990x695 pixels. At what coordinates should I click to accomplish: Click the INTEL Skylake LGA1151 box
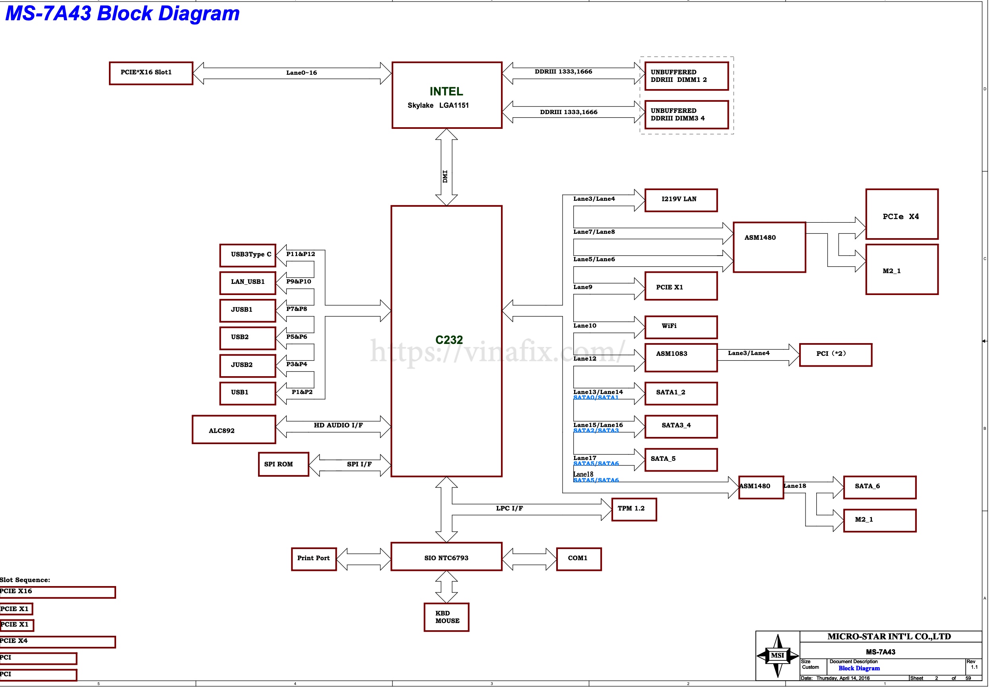click(447, 95)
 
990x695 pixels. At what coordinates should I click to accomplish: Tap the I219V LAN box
click(681, 200)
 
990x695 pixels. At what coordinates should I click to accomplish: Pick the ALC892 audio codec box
click(233, 429)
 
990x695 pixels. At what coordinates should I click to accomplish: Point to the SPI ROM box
click(283, 464)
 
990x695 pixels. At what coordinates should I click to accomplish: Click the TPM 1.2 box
click(634, 509)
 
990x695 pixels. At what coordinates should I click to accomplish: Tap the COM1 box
click(578, 559)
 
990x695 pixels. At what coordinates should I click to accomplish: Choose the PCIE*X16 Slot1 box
click(151, 73)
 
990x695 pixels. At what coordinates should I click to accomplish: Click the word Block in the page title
click(124, 14)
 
